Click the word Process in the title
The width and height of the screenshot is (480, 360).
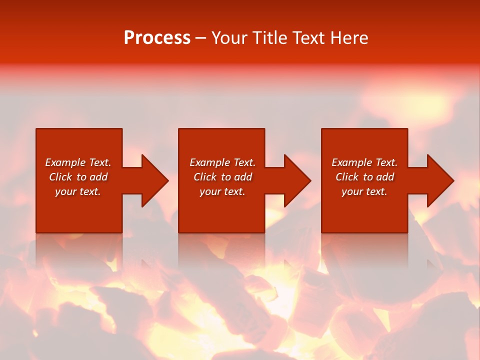157,38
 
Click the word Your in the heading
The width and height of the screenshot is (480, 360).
229,38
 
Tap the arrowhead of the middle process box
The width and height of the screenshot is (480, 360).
297,180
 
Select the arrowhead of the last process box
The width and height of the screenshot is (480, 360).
440,180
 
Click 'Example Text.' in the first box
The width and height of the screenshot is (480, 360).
78,162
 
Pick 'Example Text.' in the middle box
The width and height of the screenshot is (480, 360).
222,162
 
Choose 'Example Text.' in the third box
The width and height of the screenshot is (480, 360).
364,162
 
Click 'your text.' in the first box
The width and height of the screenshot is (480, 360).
78,191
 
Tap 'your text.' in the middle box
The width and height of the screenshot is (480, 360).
222,191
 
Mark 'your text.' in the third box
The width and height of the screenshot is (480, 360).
364,191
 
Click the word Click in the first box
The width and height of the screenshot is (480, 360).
60,177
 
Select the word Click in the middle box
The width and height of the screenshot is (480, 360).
205,177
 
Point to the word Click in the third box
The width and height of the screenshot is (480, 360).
347,177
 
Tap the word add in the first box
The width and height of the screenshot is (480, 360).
99,177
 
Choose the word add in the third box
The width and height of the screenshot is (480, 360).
385,177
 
